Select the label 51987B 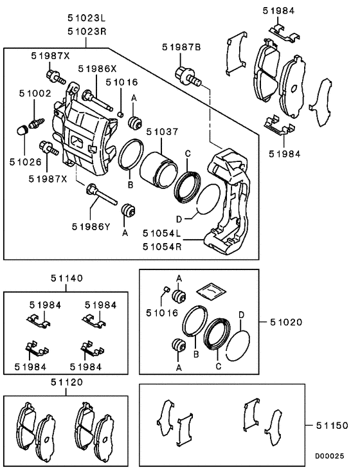[x=182, y=47]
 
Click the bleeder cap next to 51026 [x=21, y=132]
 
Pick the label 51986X [x=98, y=68]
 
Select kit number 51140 [x=66, y=279]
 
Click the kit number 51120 [x=66, y=382]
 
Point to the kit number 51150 [x=331, y=426]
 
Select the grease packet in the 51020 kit [x=210, y=291]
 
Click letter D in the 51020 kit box [x=241, y=315]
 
